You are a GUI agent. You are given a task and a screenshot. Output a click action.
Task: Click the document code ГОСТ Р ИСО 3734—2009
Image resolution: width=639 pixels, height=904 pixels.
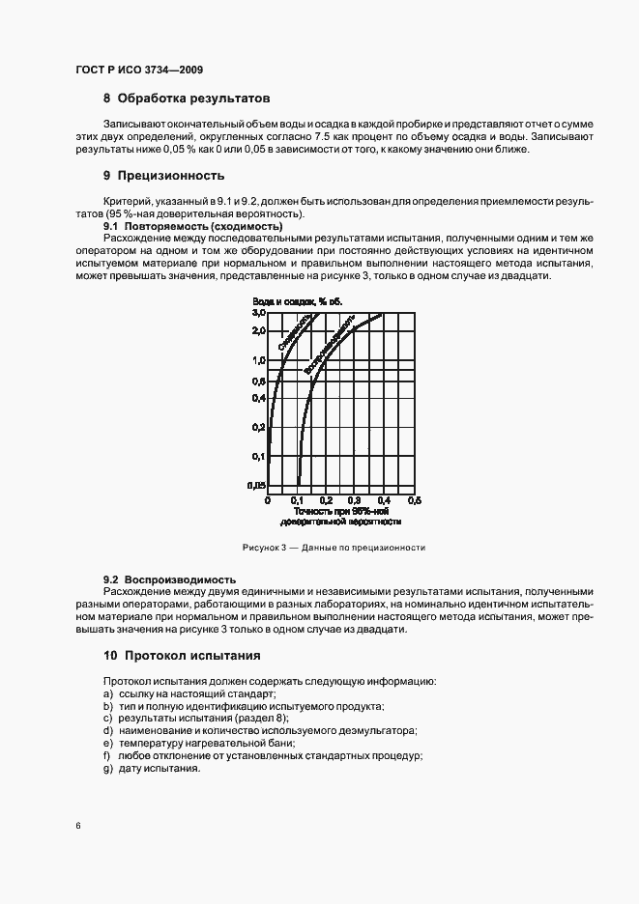click(138, 70)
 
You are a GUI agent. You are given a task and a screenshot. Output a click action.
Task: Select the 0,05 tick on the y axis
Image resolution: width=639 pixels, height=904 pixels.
click(257, 485)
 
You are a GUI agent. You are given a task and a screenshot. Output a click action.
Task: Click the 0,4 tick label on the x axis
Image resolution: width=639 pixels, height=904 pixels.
click(384, 500)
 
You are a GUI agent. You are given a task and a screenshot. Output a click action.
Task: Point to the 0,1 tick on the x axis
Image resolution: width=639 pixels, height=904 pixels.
click(297, 500)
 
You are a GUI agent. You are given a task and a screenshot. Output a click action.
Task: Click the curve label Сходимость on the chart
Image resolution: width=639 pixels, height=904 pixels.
click(294, 333)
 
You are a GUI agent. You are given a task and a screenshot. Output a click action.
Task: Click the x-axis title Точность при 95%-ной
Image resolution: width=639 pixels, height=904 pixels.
click(340, 511)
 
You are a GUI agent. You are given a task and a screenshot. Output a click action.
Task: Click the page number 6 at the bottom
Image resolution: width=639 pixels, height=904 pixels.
click(77, 826)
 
